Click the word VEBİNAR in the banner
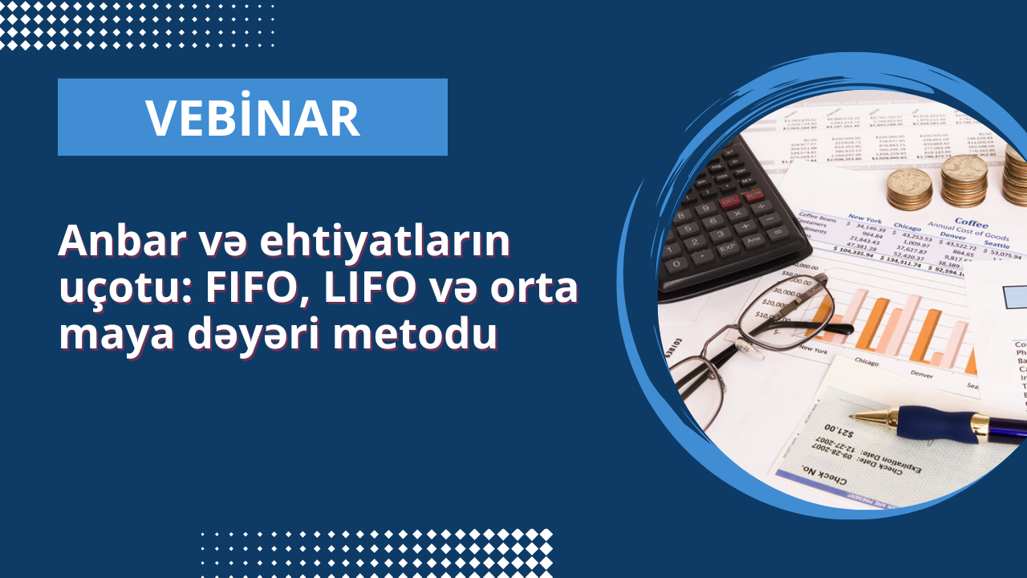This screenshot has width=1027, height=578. pyautogui.click(x=252, y=118)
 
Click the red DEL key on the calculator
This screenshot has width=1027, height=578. pyautogui.click(x=730, y=202)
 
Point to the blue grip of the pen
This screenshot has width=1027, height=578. pyautogui.click(x=933, y=421)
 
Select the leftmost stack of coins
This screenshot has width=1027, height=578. pyautogui.click(x=909, y=189)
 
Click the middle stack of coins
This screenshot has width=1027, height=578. pyautogui.click(x=964, y=180)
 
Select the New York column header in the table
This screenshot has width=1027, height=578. pyautogui.click(x=866, y=218)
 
